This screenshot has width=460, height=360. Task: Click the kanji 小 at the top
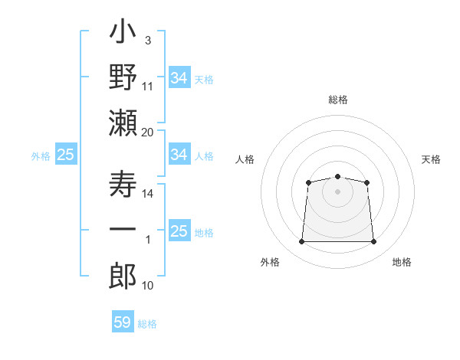tap(123, 31)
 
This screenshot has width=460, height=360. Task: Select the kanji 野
tap(123, 77)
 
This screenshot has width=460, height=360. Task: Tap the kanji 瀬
tap(123, 123)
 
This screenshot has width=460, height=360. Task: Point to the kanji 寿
tap(123, 184)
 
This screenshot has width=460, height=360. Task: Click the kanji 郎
tap(123, 276)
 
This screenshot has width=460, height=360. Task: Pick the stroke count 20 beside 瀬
tap(147, 133)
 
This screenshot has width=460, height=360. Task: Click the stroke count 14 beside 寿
tap(147, 194)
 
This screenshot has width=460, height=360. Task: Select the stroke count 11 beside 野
tap(147, 87)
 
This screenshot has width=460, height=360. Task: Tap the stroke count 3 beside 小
tap(148, 41)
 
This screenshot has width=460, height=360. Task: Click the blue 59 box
tap(123, 322)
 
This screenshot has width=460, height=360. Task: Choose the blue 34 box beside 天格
tap(179, 77)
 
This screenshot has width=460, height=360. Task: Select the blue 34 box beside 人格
tap(179, 154)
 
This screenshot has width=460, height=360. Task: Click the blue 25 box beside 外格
tap(66, 154)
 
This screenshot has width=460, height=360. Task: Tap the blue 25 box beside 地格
tap(179, 231)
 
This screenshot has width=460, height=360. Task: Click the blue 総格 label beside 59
tap(147, 324)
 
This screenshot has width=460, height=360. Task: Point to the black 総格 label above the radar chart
tap(338, 100)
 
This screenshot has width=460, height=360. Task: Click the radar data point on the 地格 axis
tap(374, 241)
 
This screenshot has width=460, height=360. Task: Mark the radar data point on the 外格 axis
tap(301, 241)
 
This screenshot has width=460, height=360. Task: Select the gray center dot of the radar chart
tap(337, 191)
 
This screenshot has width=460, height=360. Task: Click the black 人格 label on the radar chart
tap(245, 159)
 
